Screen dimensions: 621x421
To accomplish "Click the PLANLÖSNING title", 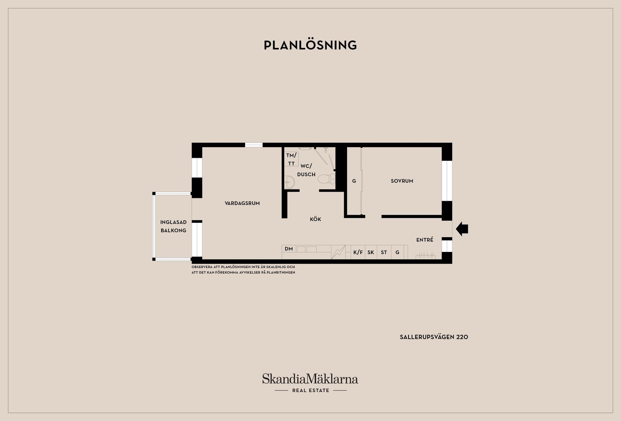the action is [x=310, y=45].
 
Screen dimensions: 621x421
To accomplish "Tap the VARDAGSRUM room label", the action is [x=242, y=203].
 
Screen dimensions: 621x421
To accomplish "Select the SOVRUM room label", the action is [x=402, y=181].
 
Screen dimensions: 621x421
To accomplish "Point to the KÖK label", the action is [x=315, y=219].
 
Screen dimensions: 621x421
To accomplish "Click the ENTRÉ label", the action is [x=425, y=240].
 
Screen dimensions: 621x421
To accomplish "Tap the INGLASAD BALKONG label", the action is [x=173, y=226].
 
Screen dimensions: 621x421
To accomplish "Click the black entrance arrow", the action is [x=462, y=229].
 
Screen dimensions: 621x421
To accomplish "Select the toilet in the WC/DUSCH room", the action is [x=327, y=179].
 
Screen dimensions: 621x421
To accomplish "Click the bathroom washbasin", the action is [x=289, y=182].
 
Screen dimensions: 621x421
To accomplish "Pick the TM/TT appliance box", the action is [x=291, y=159].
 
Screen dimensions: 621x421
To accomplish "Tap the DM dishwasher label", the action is [x=289, y=249].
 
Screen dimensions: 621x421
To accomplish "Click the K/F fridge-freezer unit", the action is [x=358, y=252].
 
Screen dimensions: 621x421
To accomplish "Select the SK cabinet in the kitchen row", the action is [x=371, y=252].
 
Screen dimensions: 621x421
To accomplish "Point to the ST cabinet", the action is [x=384, y=252].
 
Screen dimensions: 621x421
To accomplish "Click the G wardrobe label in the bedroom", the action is [x=354, y=181].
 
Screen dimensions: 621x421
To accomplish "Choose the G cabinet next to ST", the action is [x=398, y=252].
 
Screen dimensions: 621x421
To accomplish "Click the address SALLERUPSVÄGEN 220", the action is [x=434, y=337].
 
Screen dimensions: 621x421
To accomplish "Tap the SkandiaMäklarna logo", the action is [x=310, y=379].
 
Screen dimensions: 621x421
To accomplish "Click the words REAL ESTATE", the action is [x=310, y=391].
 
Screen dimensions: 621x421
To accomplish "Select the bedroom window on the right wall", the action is [x=447, y=181].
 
